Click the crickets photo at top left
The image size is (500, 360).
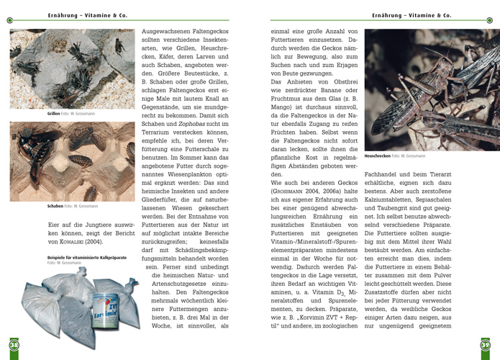click(72, 68)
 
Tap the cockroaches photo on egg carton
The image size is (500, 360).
click(72, 161)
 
